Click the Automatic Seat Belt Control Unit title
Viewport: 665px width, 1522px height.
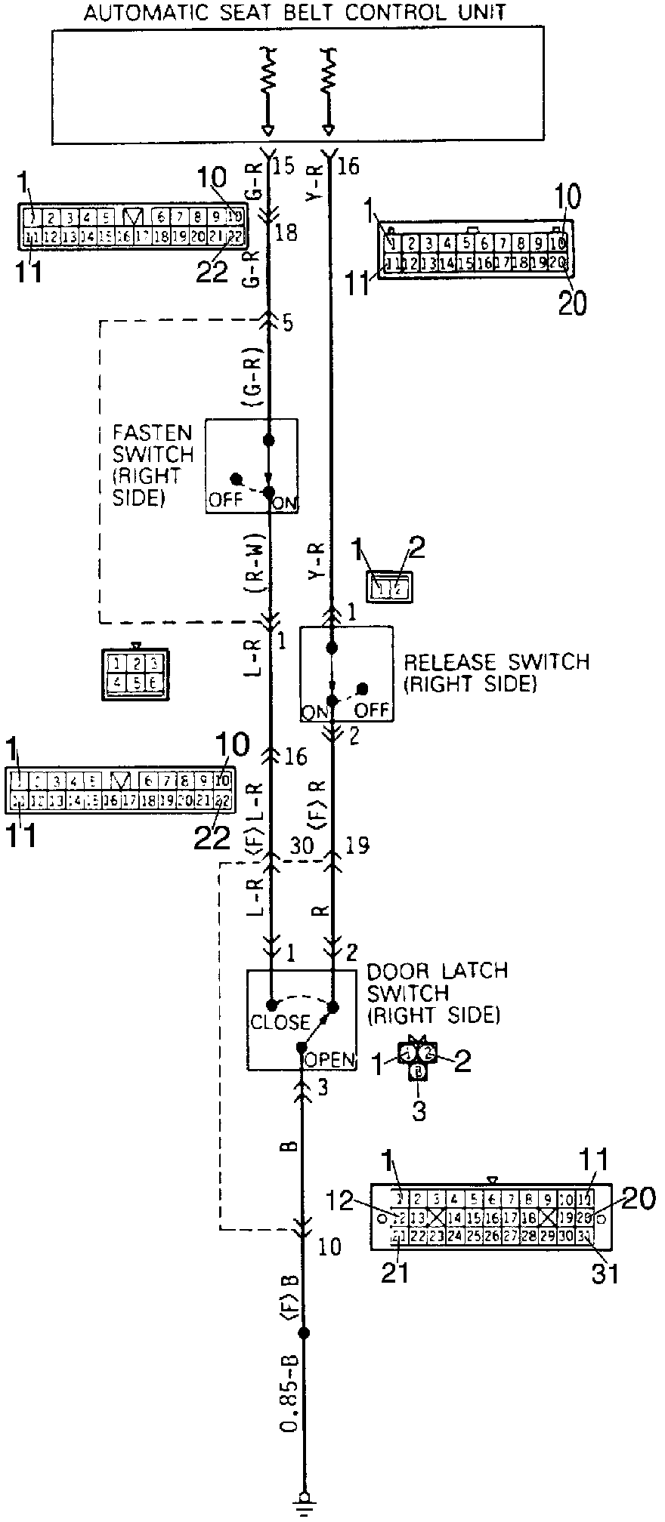[x=295, y=13]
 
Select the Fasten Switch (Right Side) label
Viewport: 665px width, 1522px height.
[x=152, y=465]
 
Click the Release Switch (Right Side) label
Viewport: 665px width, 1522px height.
[x=496, y=673]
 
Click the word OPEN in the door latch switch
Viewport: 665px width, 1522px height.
[x=329, y=1060]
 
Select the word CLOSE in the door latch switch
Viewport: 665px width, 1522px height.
[x=280, y=1022]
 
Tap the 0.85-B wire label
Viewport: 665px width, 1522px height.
[x=289, y=1382]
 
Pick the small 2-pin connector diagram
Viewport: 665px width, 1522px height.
[x=390, y=587]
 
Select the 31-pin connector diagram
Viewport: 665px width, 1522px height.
[x=491, y=1216]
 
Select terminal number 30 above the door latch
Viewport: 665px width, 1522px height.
[x=302, y=845]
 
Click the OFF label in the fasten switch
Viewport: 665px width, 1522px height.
[x=225, y=500]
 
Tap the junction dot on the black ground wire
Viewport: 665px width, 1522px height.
[x=305, y=1333]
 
